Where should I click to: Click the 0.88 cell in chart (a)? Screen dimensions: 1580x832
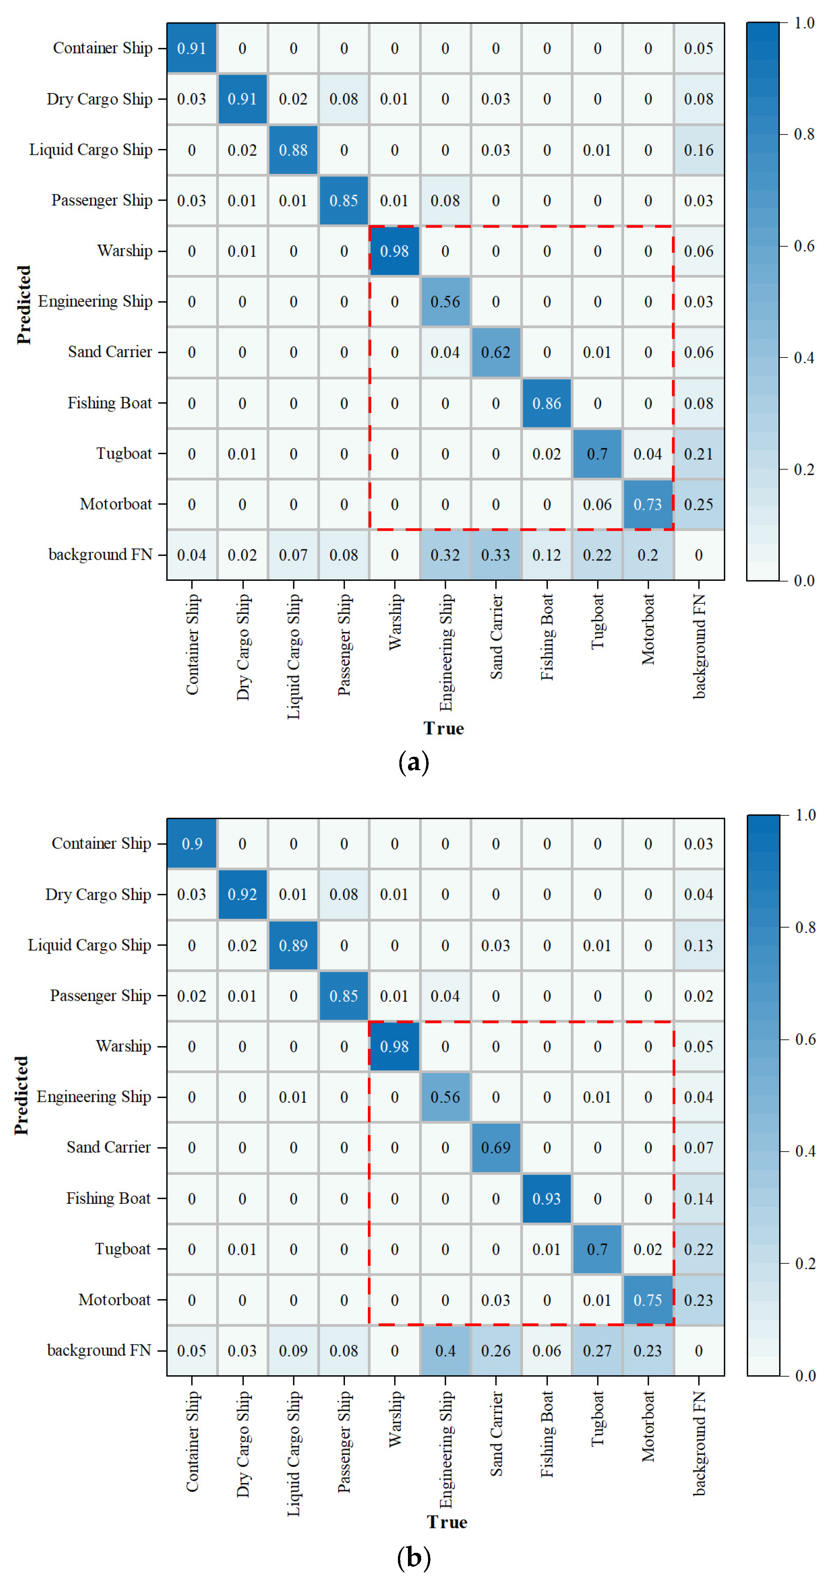[293, 150]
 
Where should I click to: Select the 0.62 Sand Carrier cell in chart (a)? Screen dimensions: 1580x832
[495, 352]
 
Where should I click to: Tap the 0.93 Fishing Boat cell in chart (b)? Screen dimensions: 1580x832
[546, 1199]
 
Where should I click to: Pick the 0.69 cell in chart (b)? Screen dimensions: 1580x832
[495, 1148]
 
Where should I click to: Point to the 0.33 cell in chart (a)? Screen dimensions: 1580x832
[495, 555]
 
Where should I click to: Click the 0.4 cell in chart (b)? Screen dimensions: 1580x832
[445, 1351]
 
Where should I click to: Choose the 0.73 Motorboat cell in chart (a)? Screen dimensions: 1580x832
[647, 504]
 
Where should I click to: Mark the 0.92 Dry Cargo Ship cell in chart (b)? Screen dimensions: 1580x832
[242, 894]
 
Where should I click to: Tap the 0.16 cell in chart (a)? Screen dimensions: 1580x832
[698, 150]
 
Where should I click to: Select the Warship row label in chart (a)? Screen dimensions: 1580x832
[125, 251]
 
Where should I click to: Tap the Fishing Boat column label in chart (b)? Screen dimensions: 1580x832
[547, 1434]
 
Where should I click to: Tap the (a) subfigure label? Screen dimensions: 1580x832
[414, 762]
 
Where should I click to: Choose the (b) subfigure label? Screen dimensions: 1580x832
[414, 1557]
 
